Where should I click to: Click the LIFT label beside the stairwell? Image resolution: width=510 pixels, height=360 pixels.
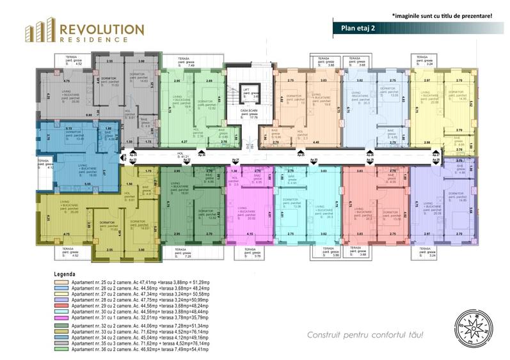click(244, 90)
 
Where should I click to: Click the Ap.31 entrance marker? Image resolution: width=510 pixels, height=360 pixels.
click(235, 160)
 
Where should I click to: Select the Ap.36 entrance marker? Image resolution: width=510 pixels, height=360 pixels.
click(202, 155)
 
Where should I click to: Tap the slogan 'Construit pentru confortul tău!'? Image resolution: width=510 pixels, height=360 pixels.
click(365, 334)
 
